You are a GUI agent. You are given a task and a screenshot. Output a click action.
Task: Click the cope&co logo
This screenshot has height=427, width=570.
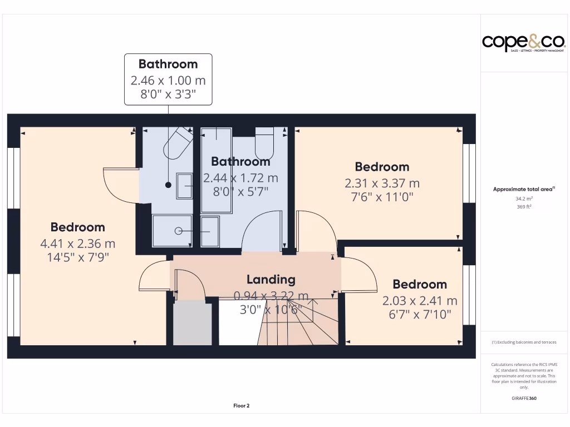click(x=515, y=43)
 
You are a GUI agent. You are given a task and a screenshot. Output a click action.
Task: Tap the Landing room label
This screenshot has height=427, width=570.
click(x=271, y=279)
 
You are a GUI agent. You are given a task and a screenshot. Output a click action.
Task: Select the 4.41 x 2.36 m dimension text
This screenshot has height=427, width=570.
click(x=77, y=243)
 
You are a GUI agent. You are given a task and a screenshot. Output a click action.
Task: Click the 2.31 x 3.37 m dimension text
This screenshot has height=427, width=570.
click(x=382, y=183)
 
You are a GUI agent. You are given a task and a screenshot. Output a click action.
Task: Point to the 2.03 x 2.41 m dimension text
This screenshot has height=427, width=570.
click(x=420, y=301)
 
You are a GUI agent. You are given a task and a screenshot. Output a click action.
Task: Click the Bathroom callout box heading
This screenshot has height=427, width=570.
click(x=168, y=64)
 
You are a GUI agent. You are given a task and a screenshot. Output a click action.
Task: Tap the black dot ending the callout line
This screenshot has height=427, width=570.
click(x=168, y=184)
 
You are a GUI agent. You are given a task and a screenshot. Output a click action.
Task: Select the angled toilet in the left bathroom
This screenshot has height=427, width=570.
click(x=177, y=143)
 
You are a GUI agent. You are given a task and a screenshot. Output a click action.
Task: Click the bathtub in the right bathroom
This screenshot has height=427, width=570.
click(x=217, y=170)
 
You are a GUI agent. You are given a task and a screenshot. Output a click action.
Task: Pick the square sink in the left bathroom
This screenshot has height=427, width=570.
click(x=185, y=186)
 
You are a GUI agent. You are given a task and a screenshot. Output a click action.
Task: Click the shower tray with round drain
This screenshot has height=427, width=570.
click(x=173, y=230)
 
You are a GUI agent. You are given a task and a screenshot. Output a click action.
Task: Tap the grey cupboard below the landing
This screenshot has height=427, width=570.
click(x=193, y=323)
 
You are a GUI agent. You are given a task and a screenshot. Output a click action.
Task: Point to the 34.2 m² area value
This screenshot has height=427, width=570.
click(x=524, y=198)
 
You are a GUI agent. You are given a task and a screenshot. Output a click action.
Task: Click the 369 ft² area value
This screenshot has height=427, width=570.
click(x=524, y=207)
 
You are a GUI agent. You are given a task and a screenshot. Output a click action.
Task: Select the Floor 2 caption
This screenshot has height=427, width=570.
click(x=241, y=406)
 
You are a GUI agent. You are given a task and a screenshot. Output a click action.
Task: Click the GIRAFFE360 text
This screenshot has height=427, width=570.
click(x=524, y=398)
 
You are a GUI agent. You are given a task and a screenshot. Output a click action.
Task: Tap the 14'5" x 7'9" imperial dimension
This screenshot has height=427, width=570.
click(x=77, y=257)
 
